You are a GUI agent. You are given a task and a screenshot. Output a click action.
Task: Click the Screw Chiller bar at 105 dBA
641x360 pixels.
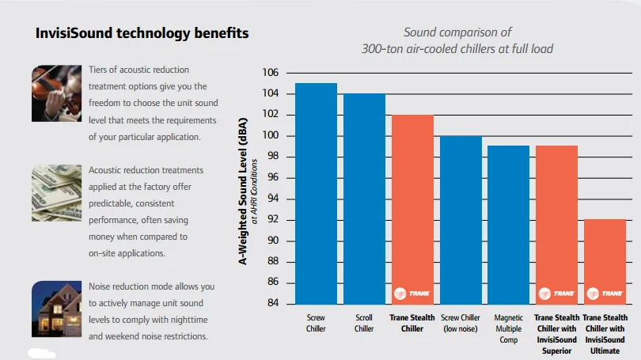[315, 194]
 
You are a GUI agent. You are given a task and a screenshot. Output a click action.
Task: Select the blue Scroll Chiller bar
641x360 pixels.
[363, 199]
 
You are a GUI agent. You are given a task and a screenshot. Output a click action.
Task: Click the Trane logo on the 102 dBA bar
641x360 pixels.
[412, 294]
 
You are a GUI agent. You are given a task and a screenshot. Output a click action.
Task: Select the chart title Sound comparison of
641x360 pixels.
[457, 32]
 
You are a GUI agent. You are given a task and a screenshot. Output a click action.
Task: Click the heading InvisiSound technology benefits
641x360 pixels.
[142, 33]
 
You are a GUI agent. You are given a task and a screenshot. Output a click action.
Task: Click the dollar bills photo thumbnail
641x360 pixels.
[56, 190]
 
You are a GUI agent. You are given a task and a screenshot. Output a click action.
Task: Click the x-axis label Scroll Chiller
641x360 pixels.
[363, 324]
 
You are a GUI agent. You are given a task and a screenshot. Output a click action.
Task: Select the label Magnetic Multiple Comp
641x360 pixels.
[508, 328]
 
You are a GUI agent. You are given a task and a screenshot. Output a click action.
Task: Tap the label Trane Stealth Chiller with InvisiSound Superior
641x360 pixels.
[556, 334]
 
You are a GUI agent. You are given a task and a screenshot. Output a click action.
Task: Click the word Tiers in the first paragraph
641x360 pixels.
[100, 70]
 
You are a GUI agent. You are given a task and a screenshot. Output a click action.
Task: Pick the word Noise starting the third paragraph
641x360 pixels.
[102, 286]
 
